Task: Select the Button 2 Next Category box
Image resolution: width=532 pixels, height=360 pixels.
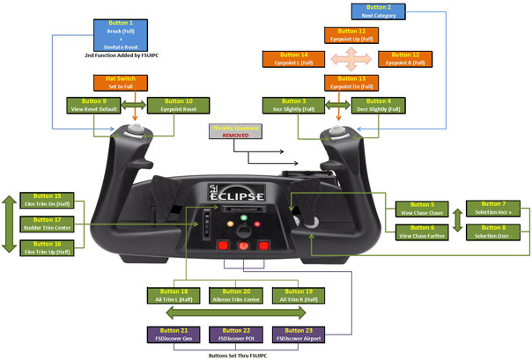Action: pos(379,11)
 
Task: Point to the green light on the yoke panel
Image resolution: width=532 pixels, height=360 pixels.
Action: pos(240,217)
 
